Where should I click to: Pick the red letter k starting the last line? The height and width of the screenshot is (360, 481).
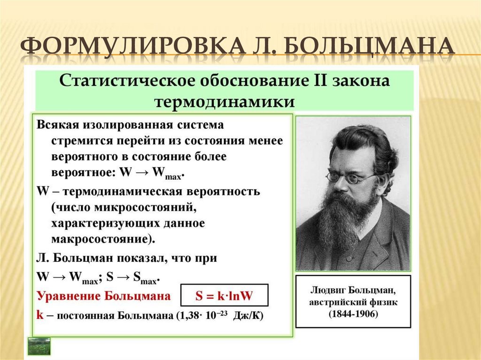pyautogui.click(x=40, y=315)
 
